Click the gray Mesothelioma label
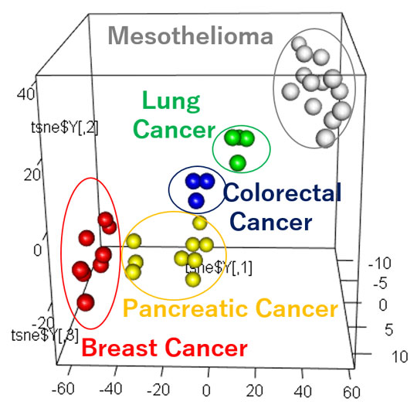(x=190, y=36)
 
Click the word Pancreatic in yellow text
(x=180, y=309)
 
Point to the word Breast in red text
(x=116, y=348)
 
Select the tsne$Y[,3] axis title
(x=45, y=335)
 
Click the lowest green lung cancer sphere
(x=238, y=162)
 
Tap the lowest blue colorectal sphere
(x=197, y=200)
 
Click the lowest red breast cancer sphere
(x=85, y=301)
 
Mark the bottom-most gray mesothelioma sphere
(x=325, y=138)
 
